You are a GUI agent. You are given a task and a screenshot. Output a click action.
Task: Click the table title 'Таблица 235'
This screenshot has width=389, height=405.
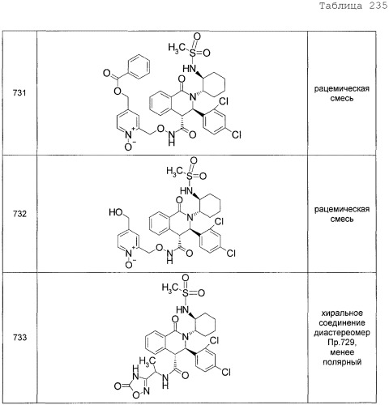click(353, 6)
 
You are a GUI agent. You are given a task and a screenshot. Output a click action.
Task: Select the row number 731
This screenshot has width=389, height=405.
click(19, 93)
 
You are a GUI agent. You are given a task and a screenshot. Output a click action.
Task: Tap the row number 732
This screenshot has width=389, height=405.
click(19, 214)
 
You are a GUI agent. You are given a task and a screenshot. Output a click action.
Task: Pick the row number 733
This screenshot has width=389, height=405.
click(19, 338)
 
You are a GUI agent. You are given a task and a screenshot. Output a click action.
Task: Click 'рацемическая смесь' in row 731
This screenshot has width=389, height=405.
click(342, 93)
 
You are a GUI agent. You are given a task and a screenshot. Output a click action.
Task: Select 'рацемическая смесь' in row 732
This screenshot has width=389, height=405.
click(342, 214)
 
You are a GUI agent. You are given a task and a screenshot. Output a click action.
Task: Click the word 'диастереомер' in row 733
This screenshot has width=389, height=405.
click(342, 333)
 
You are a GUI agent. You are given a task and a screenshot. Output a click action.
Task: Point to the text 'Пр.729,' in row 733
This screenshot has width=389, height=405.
click(341, 343)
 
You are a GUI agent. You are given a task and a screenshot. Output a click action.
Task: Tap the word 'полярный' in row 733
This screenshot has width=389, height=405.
click(342, 362)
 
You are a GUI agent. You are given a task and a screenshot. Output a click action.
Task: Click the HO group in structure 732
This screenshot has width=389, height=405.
click(116, 212)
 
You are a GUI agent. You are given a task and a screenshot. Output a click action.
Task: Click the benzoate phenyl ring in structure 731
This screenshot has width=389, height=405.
click(138, 67)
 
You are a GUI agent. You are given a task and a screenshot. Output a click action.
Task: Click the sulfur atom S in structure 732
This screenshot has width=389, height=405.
click(190, 177)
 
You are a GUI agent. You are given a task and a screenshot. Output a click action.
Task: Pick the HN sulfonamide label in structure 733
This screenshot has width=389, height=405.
click(182, 309)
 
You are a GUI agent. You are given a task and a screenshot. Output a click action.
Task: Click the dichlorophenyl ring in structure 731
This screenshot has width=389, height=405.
click(216, 121)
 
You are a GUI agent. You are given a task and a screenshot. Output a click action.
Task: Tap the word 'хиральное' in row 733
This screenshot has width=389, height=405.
click(342, 313)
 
